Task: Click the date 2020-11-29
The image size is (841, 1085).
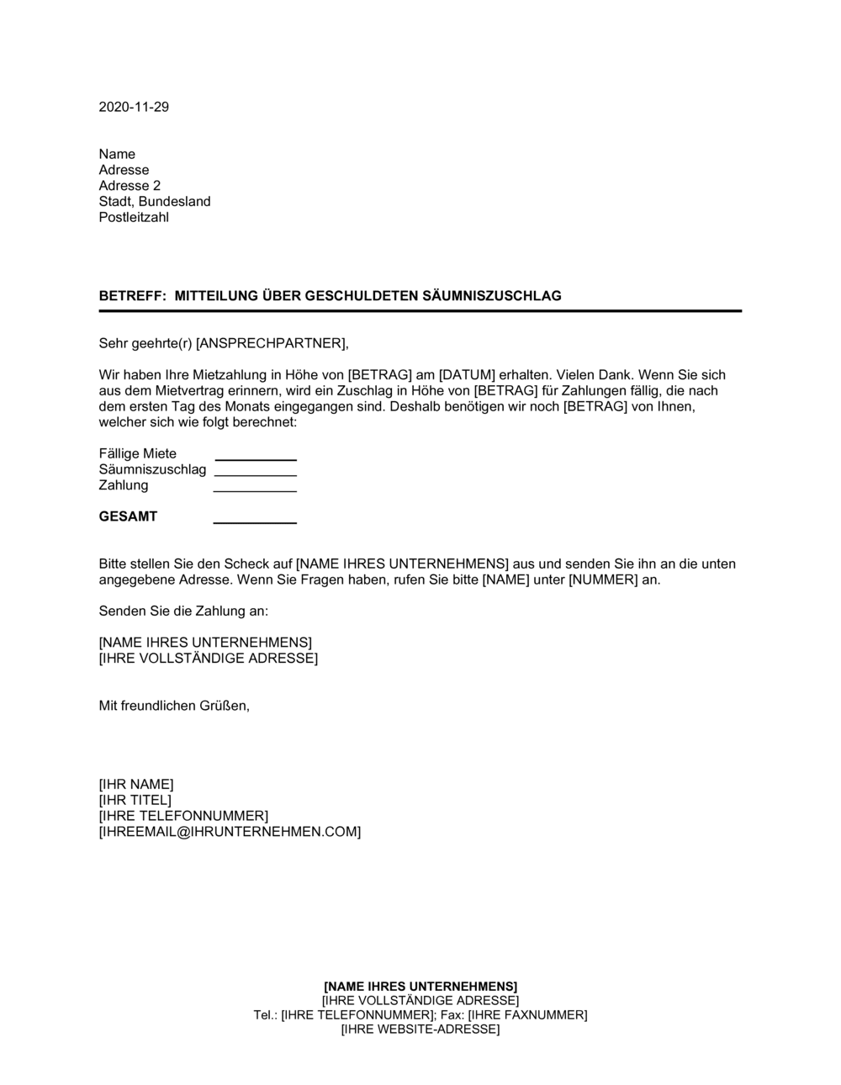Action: (134, 107)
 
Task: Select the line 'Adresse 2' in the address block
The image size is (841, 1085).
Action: (130, 186)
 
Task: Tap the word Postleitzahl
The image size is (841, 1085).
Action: (134, 217)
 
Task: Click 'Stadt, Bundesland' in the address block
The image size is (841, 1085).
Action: (155, 202)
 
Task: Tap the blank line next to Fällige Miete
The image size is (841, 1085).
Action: (256, 458)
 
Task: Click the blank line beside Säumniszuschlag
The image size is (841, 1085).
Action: (256, 474)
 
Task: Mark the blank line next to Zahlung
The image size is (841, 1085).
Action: (256, 490)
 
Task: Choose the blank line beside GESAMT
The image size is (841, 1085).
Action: (256, 521)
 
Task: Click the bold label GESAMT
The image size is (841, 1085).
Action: (128, 516)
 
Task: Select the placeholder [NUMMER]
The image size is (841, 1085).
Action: (603, 580)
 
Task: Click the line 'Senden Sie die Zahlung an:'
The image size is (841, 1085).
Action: (183, 611)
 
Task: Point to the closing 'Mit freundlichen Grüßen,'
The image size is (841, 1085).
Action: (174, 706)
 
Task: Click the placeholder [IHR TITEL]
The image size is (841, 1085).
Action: (135, 800)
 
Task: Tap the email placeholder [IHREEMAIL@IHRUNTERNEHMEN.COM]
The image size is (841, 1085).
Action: (230, 832)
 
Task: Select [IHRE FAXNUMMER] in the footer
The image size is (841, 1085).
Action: (527, 1015)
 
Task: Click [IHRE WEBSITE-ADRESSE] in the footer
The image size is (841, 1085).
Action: (420, 1029)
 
